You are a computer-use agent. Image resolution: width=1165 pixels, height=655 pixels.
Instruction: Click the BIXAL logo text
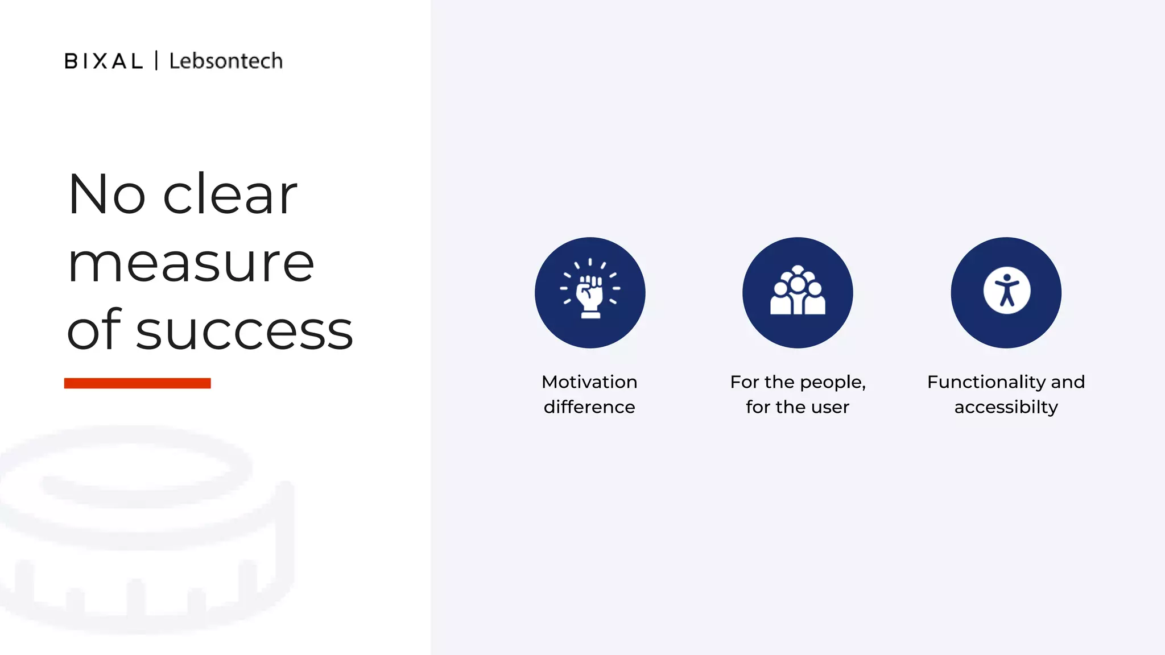[104, 61]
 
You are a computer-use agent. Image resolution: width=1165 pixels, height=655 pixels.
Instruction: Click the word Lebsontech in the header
[226, 61]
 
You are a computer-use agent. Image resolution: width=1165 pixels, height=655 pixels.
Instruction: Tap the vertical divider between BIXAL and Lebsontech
[156, 60]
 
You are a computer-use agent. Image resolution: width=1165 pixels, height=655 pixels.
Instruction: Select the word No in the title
[107, 194]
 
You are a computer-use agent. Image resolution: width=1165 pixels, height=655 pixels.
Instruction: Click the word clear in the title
[230, 194]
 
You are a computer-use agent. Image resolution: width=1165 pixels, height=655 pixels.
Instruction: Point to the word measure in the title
[191, 264]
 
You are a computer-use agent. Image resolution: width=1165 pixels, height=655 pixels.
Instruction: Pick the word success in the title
[244, 331]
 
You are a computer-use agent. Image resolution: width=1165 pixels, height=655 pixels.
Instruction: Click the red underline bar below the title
[137, 383]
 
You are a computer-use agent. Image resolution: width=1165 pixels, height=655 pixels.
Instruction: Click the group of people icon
[798, 291]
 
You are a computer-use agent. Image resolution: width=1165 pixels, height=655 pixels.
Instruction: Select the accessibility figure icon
[1006, 291]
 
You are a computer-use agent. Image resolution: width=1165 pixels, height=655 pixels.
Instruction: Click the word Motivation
[589, 382]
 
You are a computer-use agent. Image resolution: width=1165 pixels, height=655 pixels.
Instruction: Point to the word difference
[589, 407]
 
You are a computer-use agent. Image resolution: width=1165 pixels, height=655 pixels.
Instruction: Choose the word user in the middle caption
[831, 407]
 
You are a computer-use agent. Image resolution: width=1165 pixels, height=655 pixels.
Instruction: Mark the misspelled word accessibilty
[1006, 407]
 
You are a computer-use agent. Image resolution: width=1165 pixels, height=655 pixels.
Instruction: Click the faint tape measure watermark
[142, 529]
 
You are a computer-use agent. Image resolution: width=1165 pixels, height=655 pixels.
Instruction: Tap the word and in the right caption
[1068, 382]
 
